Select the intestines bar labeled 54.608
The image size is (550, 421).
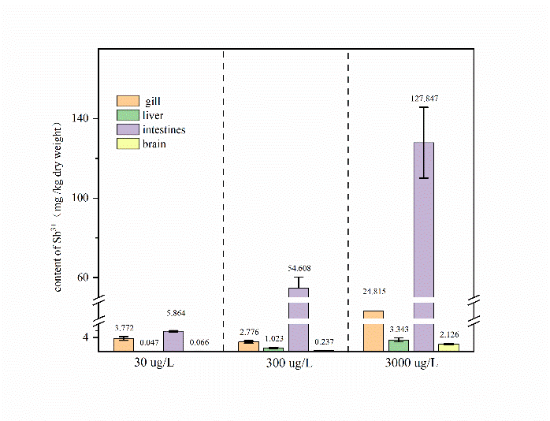[x=299, y=315]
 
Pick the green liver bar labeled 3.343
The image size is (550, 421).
[x=399, y=345]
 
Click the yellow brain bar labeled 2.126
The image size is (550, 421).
[x=449, y=347]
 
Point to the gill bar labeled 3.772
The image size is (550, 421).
[x=123, y=345]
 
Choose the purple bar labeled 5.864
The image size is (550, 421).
[x=173, y=341]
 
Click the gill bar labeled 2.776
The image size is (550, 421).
[x=248, y=346]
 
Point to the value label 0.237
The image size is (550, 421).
[x=324, y=342]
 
